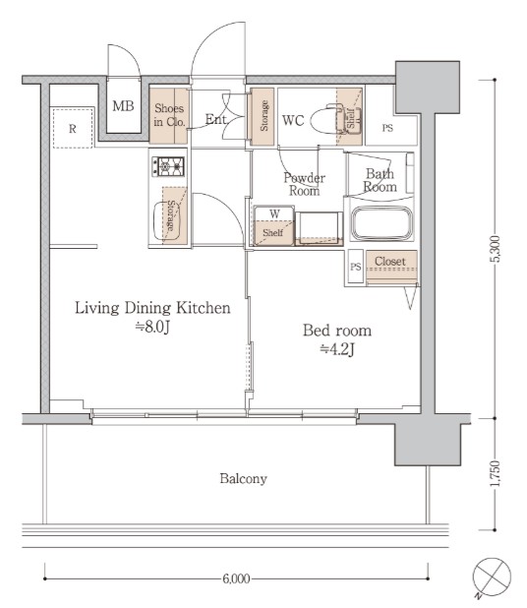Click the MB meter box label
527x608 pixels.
123,106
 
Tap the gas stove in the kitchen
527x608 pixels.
168,166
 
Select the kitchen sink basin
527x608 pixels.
167,221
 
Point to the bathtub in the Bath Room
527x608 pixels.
382,223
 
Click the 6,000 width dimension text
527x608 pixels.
236,578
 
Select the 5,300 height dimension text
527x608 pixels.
495,249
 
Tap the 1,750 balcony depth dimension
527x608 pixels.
495,474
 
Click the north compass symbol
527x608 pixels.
492,577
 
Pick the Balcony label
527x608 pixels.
244,478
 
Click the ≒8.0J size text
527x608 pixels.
152,327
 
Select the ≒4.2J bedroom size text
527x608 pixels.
337,349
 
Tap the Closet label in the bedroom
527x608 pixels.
390,262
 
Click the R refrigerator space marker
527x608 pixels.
73,129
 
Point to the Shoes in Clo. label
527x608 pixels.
169,115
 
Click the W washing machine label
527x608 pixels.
274,213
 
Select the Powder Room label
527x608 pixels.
304,184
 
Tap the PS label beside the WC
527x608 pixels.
387,128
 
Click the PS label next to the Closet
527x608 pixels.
355,267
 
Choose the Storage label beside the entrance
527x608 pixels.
264,115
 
